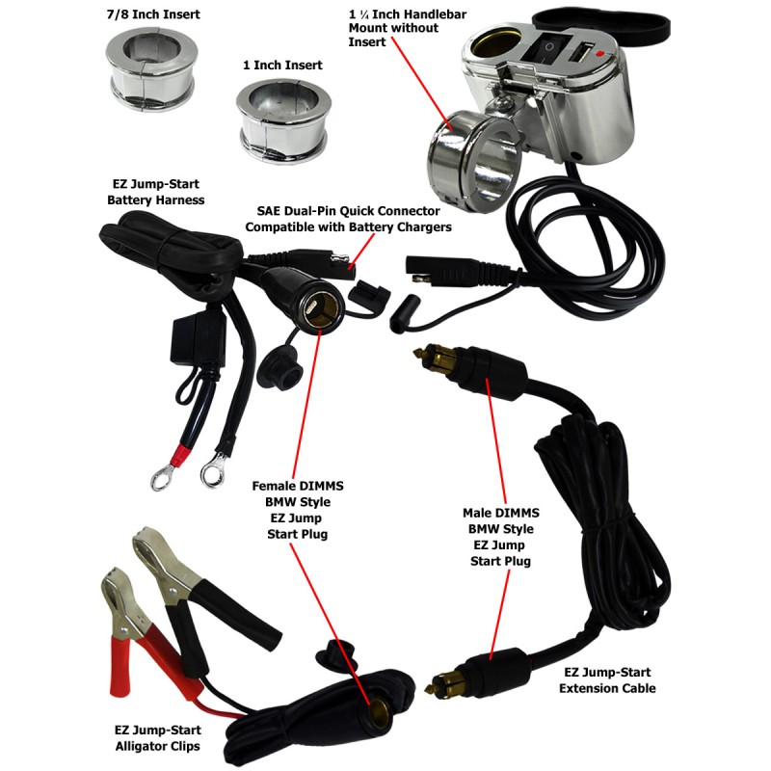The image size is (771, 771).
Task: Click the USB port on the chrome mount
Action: click(x=582, y=52)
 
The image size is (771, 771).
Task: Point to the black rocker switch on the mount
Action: click(x=545, y=47)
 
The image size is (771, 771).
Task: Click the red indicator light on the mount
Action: click(x=599, y=53)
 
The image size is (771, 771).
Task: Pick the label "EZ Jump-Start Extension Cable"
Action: click(x=607, y=680)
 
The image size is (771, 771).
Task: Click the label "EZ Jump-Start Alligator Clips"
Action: click(x=158, y=738)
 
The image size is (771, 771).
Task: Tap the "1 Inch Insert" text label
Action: click(x=282, y=65)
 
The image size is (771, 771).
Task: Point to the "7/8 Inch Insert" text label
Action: click(x=153, y=14)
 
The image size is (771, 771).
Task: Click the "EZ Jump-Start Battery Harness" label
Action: click(x=156, y=192)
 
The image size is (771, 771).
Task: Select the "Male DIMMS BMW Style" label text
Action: click(x=500, y=520)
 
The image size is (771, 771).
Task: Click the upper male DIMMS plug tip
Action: click(x=419, y=352)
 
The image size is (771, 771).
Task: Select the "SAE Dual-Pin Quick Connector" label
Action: click(x=348, y=211)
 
